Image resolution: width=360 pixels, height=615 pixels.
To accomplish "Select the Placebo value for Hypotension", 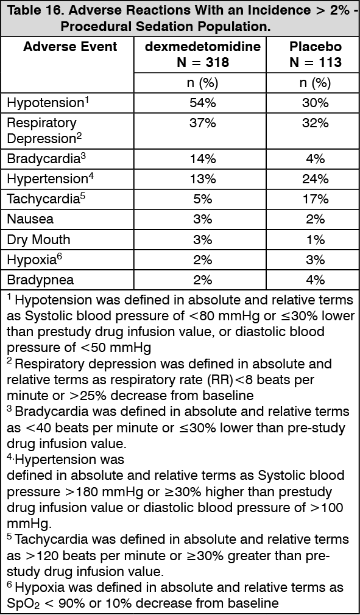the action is tap(315, 102).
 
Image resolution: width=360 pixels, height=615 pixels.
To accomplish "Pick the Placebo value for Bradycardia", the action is tap(315, 159).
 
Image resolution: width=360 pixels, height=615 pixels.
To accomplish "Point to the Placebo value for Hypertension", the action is tap(315, 179).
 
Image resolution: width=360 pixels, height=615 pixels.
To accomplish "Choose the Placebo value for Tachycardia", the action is tap(315, 199).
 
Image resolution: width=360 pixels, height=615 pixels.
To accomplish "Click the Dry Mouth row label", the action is tap(38, 239).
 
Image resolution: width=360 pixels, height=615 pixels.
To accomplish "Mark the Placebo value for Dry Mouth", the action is tap(315, 239).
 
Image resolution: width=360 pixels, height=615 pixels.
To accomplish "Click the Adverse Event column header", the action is tap(70, 46).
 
